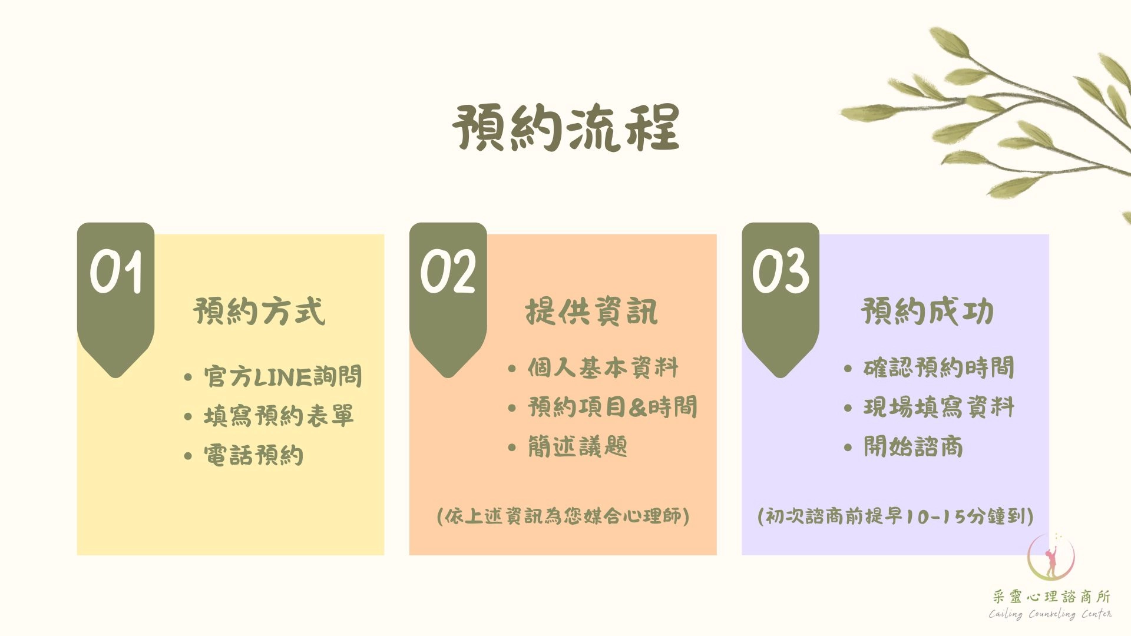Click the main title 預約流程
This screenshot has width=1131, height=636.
point(566,128)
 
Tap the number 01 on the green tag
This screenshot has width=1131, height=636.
point(116,271)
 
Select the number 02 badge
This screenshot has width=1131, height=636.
point(448,271)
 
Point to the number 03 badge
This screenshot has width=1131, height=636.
point(781,271)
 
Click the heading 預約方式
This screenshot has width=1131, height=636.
point(259,312)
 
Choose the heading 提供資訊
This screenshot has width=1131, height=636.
point(591,312)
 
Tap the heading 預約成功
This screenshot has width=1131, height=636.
point(928,312)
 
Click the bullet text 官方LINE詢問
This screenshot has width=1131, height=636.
point(283,376)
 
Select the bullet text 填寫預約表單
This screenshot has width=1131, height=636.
point(279,416)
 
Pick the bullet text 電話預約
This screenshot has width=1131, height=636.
point(253,455)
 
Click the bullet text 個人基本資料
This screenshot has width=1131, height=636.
point(603,367)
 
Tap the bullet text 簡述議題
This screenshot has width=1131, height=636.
point(577,446)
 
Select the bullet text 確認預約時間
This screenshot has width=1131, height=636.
point(939,367)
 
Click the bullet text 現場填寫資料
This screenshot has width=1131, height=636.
point(939,407)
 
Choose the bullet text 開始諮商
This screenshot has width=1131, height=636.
point(914,446)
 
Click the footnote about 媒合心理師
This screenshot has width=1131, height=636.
point(563,516)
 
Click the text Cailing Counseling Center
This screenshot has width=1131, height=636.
point(1050,614)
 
